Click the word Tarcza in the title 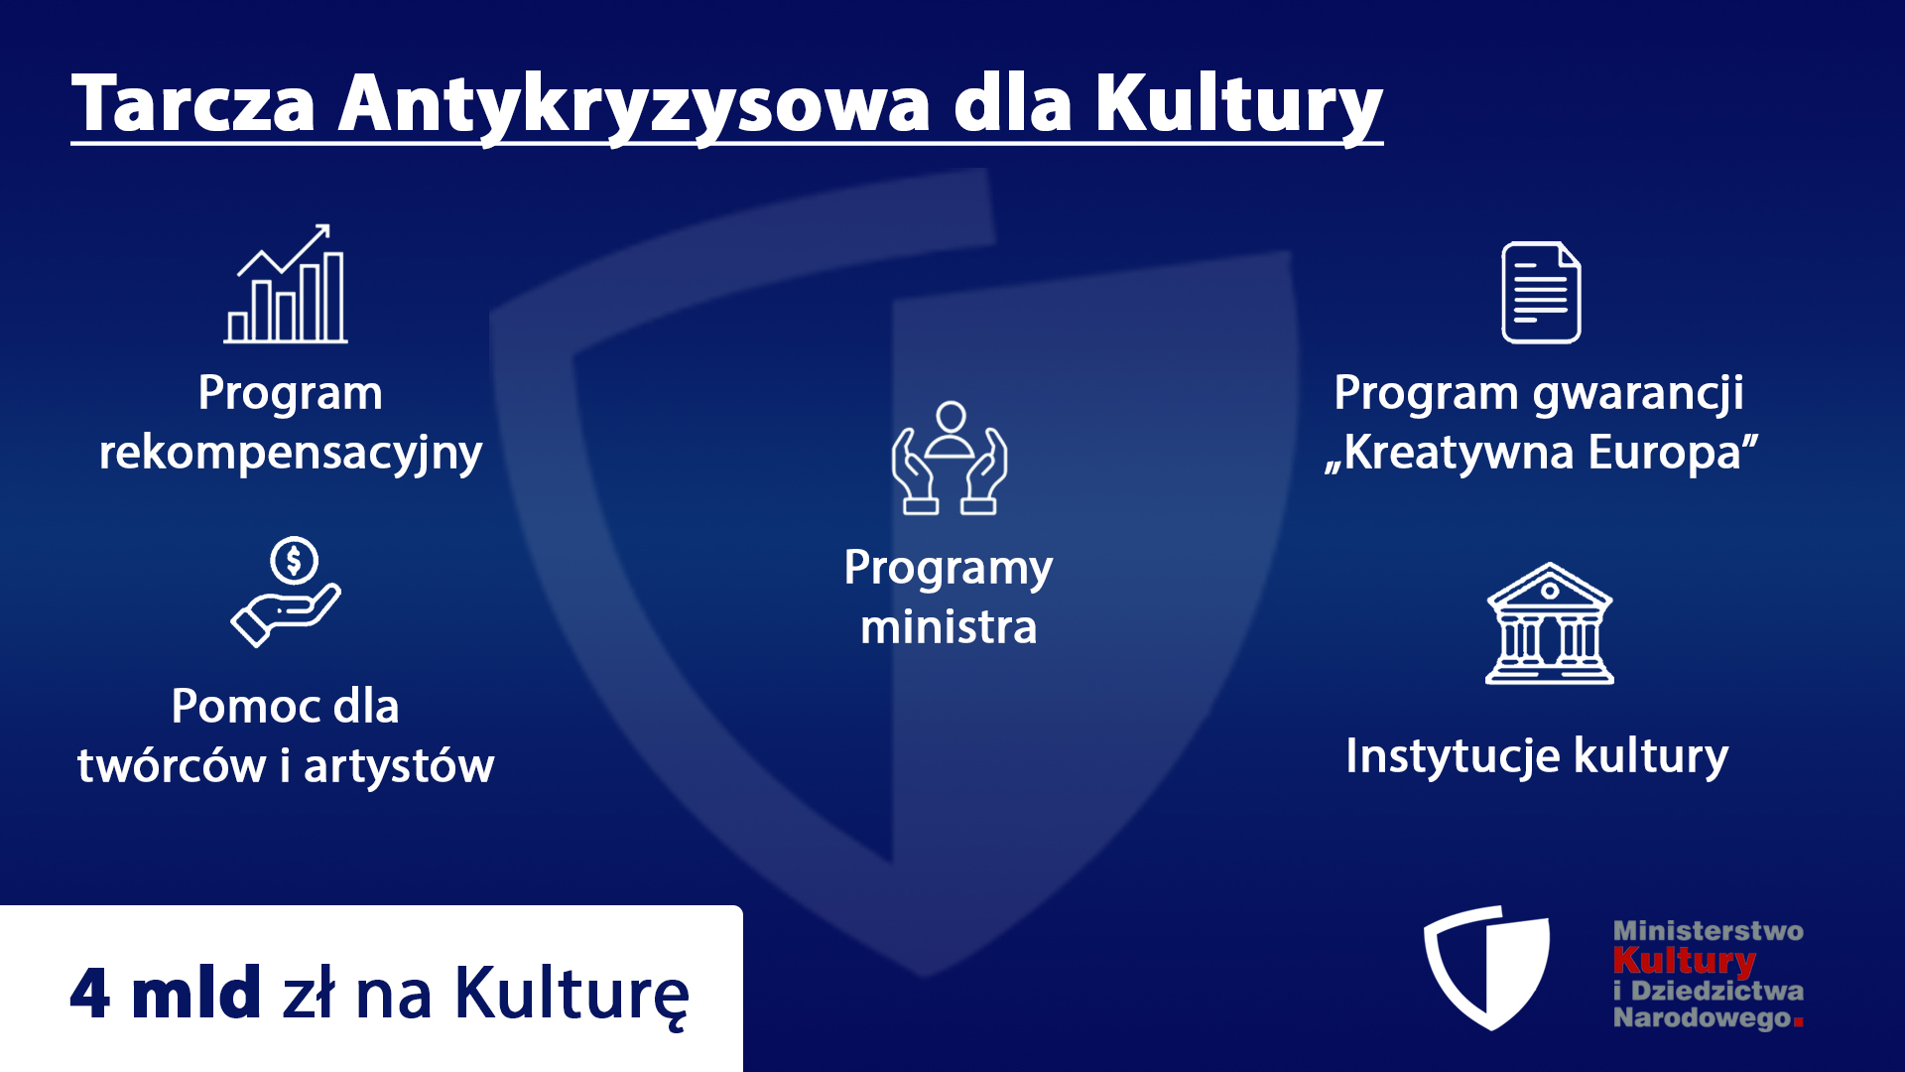click(193, 102)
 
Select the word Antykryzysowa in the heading click(635, 107)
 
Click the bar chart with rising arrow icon click(286, 284)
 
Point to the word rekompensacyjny click(291, 454)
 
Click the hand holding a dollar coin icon click(286, 592)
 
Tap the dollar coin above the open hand click(294, 561)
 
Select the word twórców click(172, 765)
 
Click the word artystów click(399, 766)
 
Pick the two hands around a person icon click(950, 458)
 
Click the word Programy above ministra click(949, 570)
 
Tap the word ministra click(949, 627)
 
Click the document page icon click(1541, 293)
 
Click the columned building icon click(1550, 623)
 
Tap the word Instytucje click(1454, 757)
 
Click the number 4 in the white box click(89, 993)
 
